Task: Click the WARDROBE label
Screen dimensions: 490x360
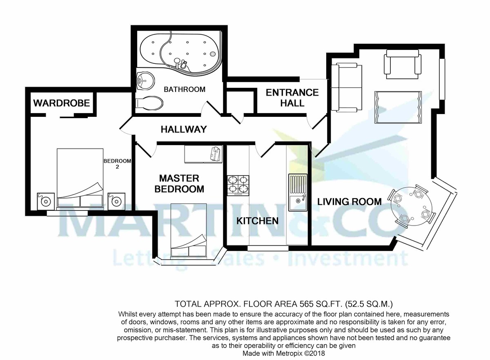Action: (62, 103)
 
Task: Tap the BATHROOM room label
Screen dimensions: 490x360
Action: (185, 89)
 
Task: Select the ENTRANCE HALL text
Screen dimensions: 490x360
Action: (292, 98)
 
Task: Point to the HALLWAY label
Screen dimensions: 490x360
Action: (184, 130)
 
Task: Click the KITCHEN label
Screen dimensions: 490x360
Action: (257, 221)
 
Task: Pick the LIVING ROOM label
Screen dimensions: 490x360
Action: (350, 201)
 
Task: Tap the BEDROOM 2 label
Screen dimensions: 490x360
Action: (117, 164)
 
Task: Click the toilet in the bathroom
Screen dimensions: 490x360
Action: (149, 103)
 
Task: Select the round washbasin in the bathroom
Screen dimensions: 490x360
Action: (145, 81)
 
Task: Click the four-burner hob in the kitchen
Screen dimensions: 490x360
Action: (238, 186)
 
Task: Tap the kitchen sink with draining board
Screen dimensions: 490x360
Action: (298, 192)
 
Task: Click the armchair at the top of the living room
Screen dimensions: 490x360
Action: (403, 64)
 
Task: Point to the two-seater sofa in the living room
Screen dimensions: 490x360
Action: (347, 87)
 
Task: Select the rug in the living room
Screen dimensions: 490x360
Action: (398, 107)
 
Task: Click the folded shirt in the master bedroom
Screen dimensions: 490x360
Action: (216, 154)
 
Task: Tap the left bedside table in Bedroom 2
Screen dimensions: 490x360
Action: (46, 201)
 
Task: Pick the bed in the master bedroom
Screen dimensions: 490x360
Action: (189, 230)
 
